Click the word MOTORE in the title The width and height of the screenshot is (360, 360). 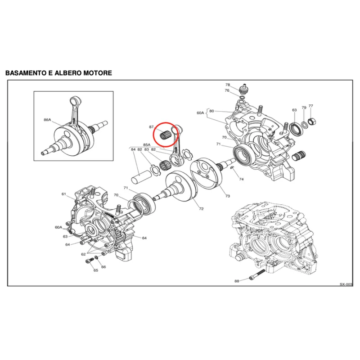pyautogui.click(x=98, y=73)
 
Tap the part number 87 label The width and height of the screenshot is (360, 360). pyautogui.click(x=151, y=127)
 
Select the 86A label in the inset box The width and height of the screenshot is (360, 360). pyautogui.click(x=47, y=120)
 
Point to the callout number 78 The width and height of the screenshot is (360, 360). pyautogui.click(x=228, y=85)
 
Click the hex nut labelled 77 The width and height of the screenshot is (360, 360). pyautogui.click(x=312, y=121)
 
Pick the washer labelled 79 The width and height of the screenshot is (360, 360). pyautogui.click(x=305, y=125)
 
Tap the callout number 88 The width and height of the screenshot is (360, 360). pyautogui.click(x=237, y=281)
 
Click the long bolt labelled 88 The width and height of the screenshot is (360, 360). pyautogui.click(x=257, y=275)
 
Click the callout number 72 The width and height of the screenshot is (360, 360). pyautogui.click(x=201, y=209)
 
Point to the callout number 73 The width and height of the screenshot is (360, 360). pyautogui.click(x=228, y=196)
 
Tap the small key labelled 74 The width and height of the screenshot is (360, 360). pyautogui.click(x=232, y=168)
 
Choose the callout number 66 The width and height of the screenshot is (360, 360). pyautogui.click(x=103, y=267)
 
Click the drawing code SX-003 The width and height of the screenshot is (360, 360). pyautogui.click(x=346, y=284)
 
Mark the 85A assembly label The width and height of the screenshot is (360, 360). pyautogui.click(x=147, y=144)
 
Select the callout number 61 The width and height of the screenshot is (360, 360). pyautogui.click(x=64, y=194)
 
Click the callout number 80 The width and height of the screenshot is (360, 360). pyautogui.click(x=211, y=111)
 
